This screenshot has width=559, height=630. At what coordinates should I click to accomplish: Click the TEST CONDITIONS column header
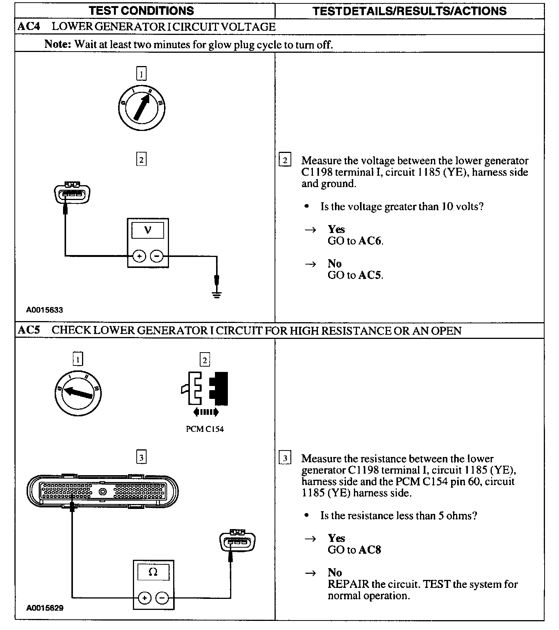coord(141,11)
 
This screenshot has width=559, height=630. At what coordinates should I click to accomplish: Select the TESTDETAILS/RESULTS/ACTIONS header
coord(409,11)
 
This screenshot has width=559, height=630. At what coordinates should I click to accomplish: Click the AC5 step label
coord(29,330)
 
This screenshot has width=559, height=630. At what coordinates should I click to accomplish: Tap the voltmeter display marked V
coord(148,230)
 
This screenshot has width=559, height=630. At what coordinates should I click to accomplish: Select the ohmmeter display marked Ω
coord(153,572)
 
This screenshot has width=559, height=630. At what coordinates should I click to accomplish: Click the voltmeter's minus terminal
coord(157,257)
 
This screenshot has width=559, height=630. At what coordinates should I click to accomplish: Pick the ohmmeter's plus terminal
coord(144,598)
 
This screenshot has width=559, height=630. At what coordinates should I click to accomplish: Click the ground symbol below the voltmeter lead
coord(216,294)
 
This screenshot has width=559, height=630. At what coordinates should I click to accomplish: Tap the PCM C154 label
coord(205,429)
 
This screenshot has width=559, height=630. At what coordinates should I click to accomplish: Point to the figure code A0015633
coord(44,310)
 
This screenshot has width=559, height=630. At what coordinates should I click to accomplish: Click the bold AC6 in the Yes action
coord(370,241)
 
